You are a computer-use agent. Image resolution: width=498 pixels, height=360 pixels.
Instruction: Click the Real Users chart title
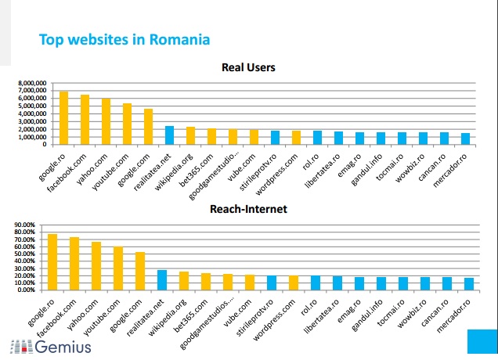tap(248, 67)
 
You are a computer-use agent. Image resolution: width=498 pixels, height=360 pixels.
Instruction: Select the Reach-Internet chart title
tap(248, 209)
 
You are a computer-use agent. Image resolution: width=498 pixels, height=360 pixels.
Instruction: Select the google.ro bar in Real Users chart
tap(63, 117)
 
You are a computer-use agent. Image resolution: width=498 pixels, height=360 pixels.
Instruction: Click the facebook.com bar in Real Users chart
tap(85, 120)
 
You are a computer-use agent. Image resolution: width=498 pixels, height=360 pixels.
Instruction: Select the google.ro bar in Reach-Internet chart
tap(52, 261)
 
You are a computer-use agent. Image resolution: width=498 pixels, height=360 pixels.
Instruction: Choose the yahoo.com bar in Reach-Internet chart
tap(96, 265)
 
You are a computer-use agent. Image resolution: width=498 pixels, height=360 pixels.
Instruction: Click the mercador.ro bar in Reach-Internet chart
tap(467, 283)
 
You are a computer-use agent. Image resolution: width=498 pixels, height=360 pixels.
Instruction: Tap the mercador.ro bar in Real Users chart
tap(465, 139)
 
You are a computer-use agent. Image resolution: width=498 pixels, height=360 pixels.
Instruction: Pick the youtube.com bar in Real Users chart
tap(127, 124)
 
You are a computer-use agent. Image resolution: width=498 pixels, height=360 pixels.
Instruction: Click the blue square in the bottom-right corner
tap(482, 341)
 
